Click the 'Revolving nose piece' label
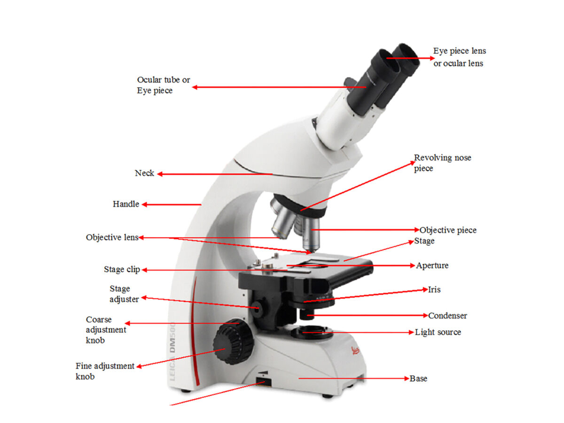442,163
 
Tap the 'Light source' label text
438,332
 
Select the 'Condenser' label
447,315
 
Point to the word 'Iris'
434,290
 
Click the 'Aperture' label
432,266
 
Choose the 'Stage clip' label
122,270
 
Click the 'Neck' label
144,173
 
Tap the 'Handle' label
126,204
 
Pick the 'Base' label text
418,378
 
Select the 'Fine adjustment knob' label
105,371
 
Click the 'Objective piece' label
448,230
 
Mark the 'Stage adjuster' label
124,294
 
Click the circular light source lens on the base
311,333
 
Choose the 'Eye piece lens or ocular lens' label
459,57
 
